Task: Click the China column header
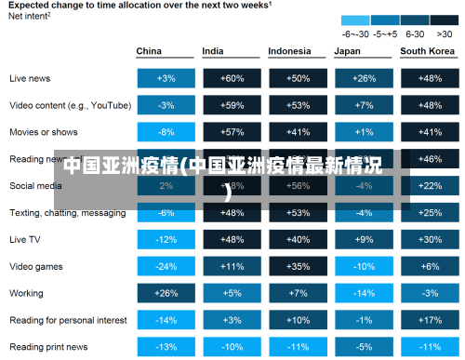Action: point(149,51)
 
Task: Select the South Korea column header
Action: point(426,51)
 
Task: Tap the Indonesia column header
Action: point(289,51)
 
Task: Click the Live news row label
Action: point(30,78)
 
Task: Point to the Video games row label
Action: point(36,266)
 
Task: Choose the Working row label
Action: point(27,293)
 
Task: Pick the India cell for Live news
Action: point(232,78)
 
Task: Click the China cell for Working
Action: point(166,293)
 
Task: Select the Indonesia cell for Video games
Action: point(299,266)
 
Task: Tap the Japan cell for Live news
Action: point(365,78)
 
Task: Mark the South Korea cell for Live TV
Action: point(430,239)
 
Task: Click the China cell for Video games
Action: point(166,266)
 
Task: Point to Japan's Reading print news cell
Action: point(365,347)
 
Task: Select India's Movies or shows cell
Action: point(232,132)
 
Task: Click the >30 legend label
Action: point(444,32)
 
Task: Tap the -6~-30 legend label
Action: point(354,32)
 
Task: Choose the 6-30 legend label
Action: point(415,32)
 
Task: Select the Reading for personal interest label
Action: point(68,320)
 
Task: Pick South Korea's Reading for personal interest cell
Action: point(430,320)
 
